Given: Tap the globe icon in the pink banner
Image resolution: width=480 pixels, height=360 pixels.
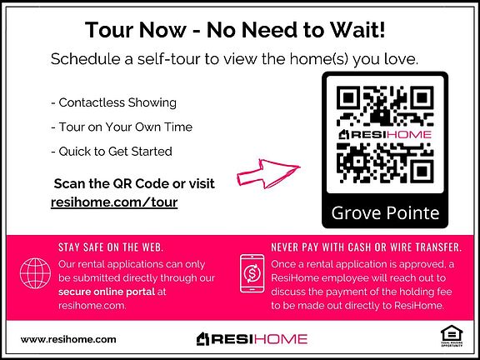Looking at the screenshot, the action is click(x=35, y=273).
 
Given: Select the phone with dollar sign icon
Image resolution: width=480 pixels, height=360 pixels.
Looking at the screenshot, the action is click(x=252, y=273).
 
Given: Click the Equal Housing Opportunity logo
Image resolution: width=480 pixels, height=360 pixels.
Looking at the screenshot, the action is click(x=452, y=337).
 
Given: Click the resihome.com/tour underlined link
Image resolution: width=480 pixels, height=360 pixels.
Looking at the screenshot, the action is click(x=114, y=202).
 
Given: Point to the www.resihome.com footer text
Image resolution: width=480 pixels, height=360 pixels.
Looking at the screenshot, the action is click(x=68, y=339).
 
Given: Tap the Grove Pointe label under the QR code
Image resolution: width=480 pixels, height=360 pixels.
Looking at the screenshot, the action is click(x=385, y=212).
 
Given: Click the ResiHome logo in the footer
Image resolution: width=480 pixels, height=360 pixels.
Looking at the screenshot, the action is click(x=252, y=339).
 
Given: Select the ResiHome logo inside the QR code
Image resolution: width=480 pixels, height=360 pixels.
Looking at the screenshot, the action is click(x=385, y=134).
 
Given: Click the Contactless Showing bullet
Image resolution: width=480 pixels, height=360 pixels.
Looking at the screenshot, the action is click(x=113, y=102).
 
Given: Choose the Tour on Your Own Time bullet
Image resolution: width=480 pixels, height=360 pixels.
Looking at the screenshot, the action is click(x=122, y=127).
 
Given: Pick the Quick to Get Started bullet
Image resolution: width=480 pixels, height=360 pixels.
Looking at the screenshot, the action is click(x=112, y=152).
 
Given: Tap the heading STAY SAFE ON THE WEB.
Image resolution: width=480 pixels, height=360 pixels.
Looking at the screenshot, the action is click(x=111, y=247).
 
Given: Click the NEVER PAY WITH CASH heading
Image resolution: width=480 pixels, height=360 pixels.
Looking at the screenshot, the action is click(x=367, y=247).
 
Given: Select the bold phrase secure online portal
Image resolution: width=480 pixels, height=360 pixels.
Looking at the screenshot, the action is click(x=107, y=292).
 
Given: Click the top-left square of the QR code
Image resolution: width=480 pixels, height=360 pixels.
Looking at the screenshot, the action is click(x=348, y=97).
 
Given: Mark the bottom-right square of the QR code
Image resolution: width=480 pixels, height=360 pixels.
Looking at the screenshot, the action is click(x=422, y=172).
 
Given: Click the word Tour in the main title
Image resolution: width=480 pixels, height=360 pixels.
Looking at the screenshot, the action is click(x=110, y=30).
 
